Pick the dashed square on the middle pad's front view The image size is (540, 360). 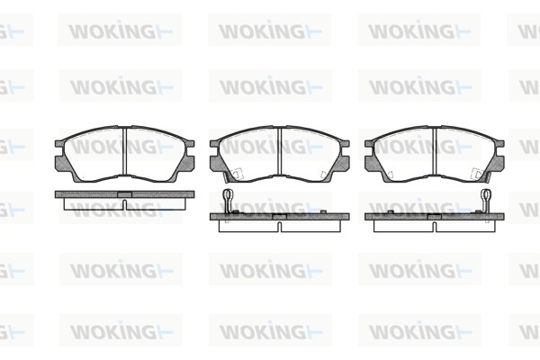(x=238, y=174)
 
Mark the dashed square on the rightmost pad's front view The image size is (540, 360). (x=477, y=174)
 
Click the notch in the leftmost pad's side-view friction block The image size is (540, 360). (x=125, y=204)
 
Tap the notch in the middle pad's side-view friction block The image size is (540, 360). (x=280, y=226)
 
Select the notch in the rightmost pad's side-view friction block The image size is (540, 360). (x=435, y=226)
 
